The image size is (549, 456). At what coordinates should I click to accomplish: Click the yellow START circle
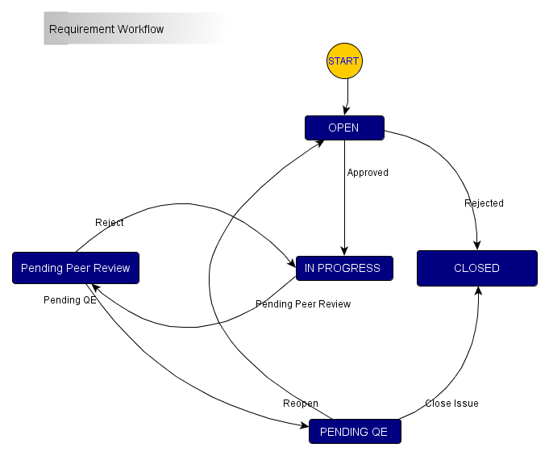(343, 61)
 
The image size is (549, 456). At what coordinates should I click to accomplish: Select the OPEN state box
(343, 128)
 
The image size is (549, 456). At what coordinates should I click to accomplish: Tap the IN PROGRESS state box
(344, 268)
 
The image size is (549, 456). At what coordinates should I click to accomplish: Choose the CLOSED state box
(476, 268)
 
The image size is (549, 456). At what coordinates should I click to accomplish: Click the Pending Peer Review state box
(76, 268)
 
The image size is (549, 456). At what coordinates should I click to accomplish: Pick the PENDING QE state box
(354, 432)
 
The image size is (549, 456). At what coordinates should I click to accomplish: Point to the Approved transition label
(368, 173)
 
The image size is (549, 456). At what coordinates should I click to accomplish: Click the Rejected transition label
(484, 203)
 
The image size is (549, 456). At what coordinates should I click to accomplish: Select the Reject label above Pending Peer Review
(110, 223)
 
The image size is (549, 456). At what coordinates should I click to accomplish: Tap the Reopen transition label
(300, 404)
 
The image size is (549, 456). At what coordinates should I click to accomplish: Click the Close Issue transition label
(451, 404)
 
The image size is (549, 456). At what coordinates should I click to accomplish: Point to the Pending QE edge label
(70, 300)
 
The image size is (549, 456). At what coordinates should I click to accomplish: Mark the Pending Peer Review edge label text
(303, 304)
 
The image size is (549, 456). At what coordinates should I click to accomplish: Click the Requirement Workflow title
(106, 30)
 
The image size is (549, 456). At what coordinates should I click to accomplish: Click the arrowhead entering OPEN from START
(346, 112)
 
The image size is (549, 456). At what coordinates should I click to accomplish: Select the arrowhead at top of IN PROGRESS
(344, 252)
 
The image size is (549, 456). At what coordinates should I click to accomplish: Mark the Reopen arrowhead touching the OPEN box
(320, 142)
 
